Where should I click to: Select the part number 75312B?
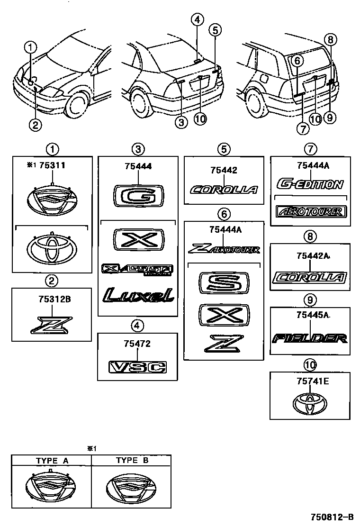[53, 300]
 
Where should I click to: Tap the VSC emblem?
[137, 366]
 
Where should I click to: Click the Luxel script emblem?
[138, 295]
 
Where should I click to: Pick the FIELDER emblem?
[310, 338]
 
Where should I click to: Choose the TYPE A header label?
[52, 460]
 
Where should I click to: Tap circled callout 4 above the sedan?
[198, 19]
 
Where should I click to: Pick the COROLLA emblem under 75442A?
[310, 278]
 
